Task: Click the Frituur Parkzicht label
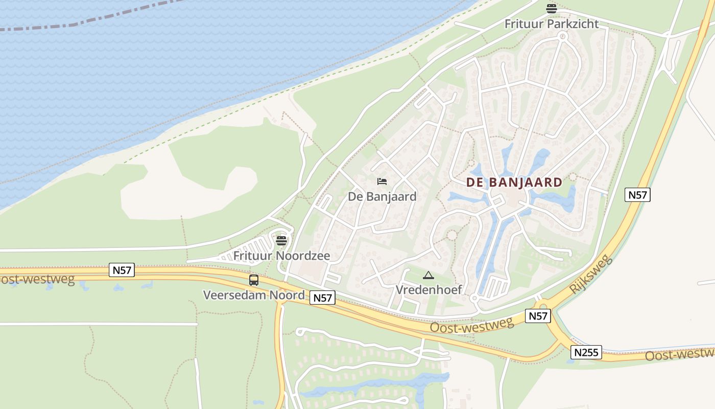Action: pos(552,24)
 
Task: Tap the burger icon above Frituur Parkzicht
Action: pos(551,8)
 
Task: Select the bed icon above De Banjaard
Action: pos(382,181)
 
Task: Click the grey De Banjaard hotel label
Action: pos(382,196)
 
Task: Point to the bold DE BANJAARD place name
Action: pos(514,183)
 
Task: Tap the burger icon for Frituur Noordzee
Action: pos(281,240)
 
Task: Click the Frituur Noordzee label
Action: pos(281,256)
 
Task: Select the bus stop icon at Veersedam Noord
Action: pos(254,280)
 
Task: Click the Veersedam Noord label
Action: pos(254,295)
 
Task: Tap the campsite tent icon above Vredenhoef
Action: pos(428,276)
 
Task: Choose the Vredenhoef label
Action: pos(429,290)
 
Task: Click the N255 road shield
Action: pos(586,352)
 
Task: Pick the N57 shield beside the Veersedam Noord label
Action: pos(323,298)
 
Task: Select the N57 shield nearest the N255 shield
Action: pos(538,316)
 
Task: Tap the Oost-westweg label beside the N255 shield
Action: pos(679,354)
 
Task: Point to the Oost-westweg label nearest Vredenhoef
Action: pos(471,325)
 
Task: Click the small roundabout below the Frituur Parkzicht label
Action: pos(562,36)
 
